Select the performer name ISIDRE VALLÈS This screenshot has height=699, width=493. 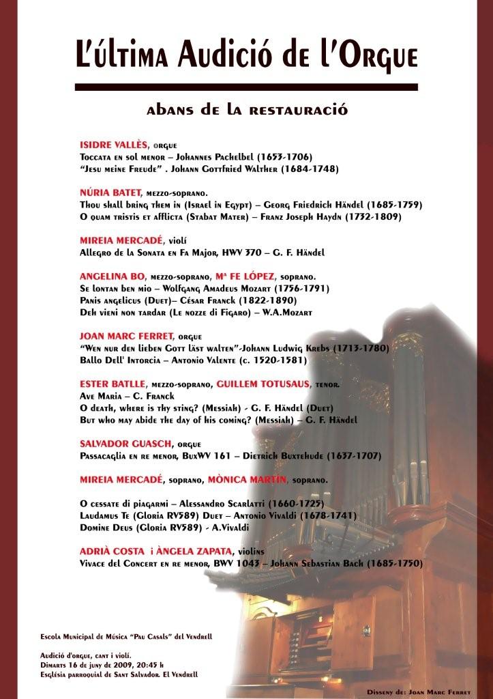[113, 145]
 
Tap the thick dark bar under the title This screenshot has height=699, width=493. [245, 87]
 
